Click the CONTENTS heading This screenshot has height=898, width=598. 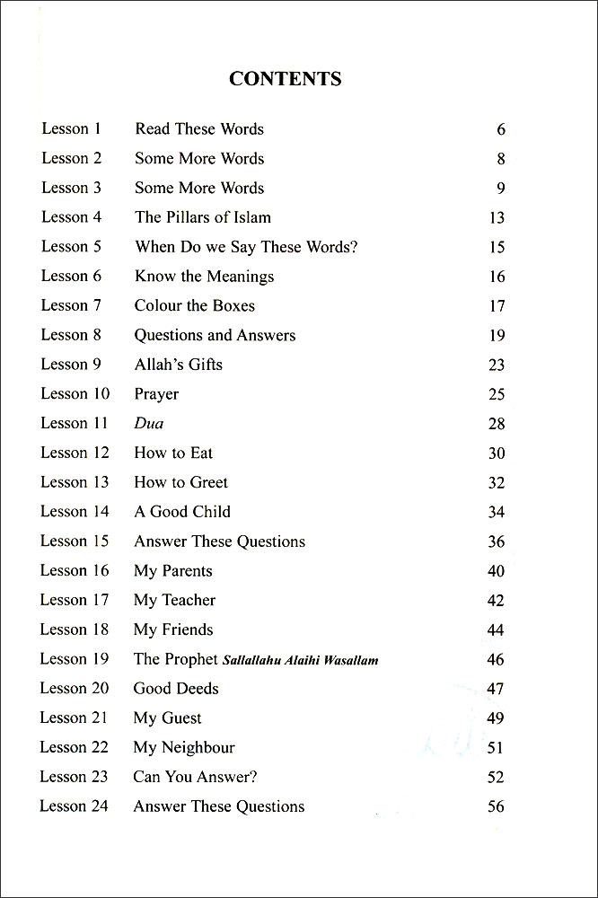(286, 79)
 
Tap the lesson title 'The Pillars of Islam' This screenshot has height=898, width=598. (203, 217)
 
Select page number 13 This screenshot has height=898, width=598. (497, 218)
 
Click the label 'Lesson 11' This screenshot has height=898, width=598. (75, 423)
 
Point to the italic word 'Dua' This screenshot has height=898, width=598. (149, 424)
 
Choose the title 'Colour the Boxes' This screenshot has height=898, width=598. (195, 305)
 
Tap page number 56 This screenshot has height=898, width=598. (496, 806)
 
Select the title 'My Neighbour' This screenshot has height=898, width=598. (184, 747)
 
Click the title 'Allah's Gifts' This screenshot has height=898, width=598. (179, 365)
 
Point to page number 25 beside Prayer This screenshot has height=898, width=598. (497, 394)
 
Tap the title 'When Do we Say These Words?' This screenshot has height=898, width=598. (246, 247)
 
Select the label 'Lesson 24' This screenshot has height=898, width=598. (74, 806)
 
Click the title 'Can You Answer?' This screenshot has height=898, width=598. (195, 777)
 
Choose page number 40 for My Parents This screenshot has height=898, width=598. (496, 571)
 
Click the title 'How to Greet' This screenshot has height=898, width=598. (181, 482)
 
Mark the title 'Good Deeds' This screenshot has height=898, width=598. (176, 689)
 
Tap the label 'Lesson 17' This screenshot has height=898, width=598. (75, 600)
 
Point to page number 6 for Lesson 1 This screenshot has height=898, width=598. (501, 129)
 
